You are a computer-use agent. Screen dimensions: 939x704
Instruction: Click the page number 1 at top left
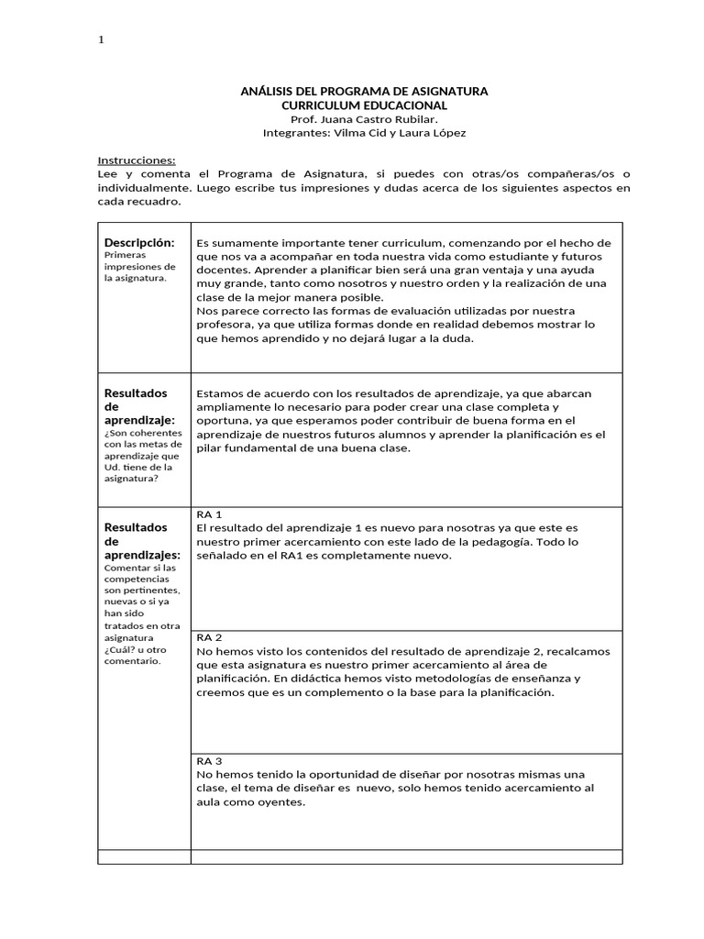(x=101, y=40)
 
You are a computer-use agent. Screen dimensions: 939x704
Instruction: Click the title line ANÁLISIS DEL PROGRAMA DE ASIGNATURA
(x=364, y=92)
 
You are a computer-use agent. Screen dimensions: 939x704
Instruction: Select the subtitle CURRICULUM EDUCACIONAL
(x=364, y=106)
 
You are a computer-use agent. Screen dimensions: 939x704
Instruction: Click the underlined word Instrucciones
(x=136, y=160)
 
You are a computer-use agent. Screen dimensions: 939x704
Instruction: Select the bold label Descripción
(x=139, y=242)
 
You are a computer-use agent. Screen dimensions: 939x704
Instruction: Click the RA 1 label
(x=210, y=514)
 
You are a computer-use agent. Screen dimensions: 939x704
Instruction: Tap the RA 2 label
(x=210, y=637)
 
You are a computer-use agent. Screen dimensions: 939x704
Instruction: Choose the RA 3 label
(x=210, y=761)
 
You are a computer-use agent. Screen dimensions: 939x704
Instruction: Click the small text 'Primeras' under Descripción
(x=125, y=255)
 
